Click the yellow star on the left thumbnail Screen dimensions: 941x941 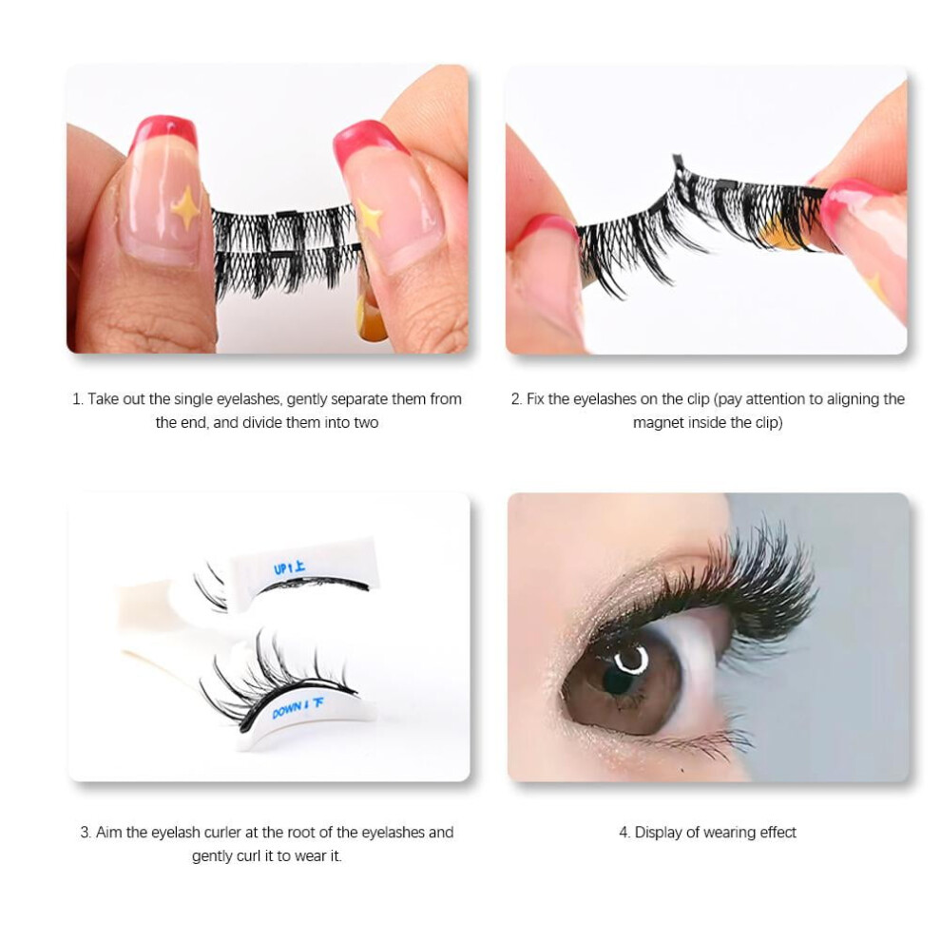[185, 207]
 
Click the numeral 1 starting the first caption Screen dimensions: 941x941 [76, 399]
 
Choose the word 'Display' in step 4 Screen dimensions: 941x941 [659, 833]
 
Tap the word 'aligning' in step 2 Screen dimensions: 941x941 [853, 399]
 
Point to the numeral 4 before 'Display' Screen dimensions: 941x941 [624, 833]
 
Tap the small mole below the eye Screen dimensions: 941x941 [683, 769]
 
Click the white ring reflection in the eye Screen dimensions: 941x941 [632, 659]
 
